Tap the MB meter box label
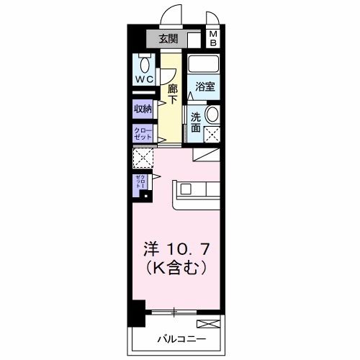(x=213, y=38)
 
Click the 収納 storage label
(x=143, y=109)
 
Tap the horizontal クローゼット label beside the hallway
(x=143, y=133)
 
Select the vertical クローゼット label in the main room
(x=138, y=181)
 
